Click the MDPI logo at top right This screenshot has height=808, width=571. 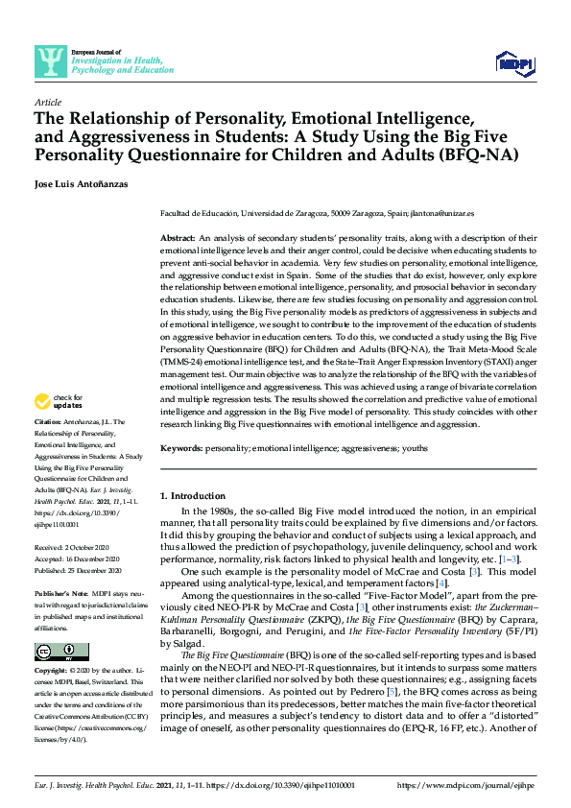click(x=513, y=63)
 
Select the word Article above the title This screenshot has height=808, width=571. click(x=48, y=102)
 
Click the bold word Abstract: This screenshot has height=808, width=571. click(x=178, y=236)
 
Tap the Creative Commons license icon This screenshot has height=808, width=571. click(x=56, y=652)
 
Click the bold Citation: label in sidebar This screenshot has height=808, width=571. click(x=49, y=421)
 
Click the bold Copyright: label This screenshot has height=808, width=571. click(x=53, y=670)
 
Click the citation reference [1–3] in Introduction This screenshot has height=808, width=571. click(x=510, y=558)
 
